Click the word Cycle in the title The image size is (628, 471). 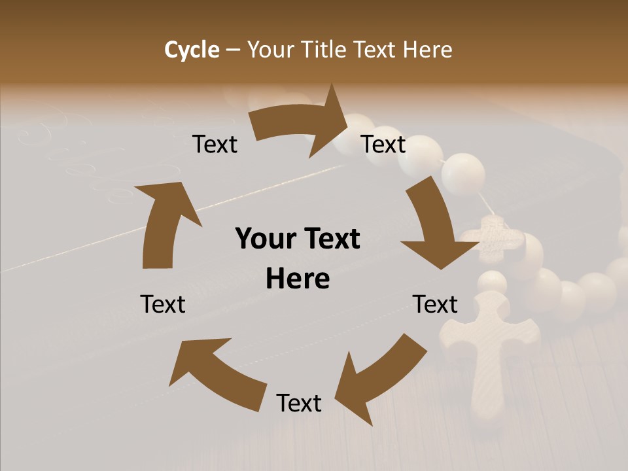tap(192, 50)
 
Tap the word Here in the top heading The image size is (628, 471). tap(427, 50)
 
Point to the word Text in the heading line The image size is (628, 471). tap(375, 50)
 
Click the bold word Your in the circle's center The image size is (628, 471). tap(267, 239)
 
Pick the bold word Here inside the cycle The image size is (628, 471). tap(298, 279)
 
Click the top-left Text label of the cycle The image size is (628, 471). tap(215, 145)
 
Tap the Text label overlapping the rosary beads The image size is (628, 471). tap(384, 145)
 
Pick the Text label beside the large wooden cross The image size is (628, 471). tap(435, 304)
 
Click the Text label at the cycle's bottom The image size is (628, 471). tap(299, 403)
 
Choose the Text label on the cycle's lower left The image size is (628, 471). tap(163, 304)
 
